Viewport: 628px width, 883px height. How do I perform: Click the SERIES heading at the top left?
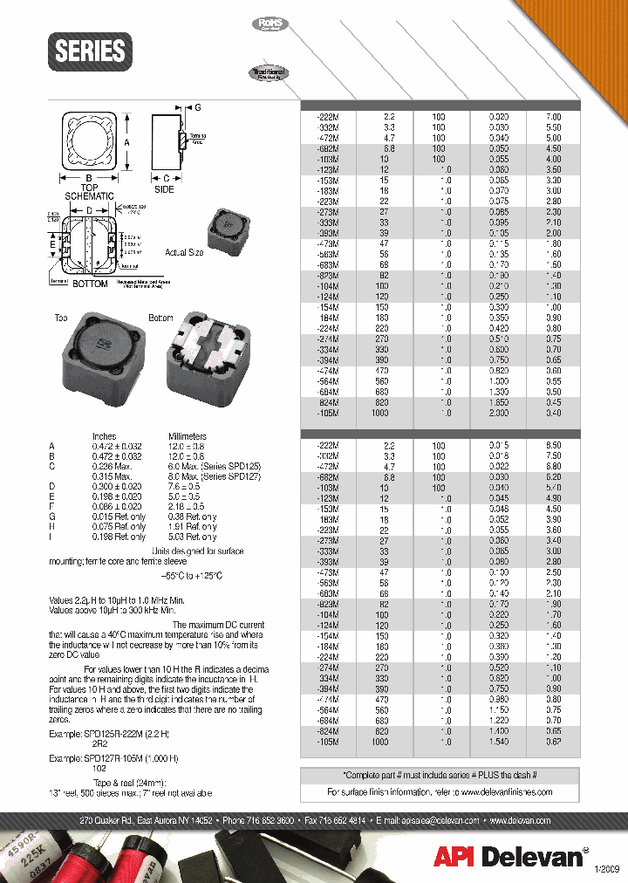coord(90,51)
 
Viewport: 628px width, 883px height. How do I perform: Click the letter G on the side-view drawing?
coord(198,107)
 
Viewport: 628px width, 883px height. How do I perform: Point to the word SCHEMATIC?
coord(90,197)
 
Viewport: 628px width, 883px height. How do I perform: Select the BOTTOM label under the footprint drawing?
coord(90,284)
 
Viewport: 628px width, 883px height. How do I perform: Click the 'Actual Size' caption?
coord(183,252)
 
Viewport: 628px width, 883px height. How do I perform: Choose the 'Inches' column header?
coord(105,436)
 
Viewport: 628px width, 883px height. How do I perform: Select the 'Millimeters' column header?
coord(187,436)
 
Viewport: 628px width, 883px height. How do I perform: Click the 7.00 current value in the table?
coord(553,116)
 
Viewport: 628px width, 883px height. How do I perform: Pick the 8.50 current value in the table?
coord(553,445)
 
